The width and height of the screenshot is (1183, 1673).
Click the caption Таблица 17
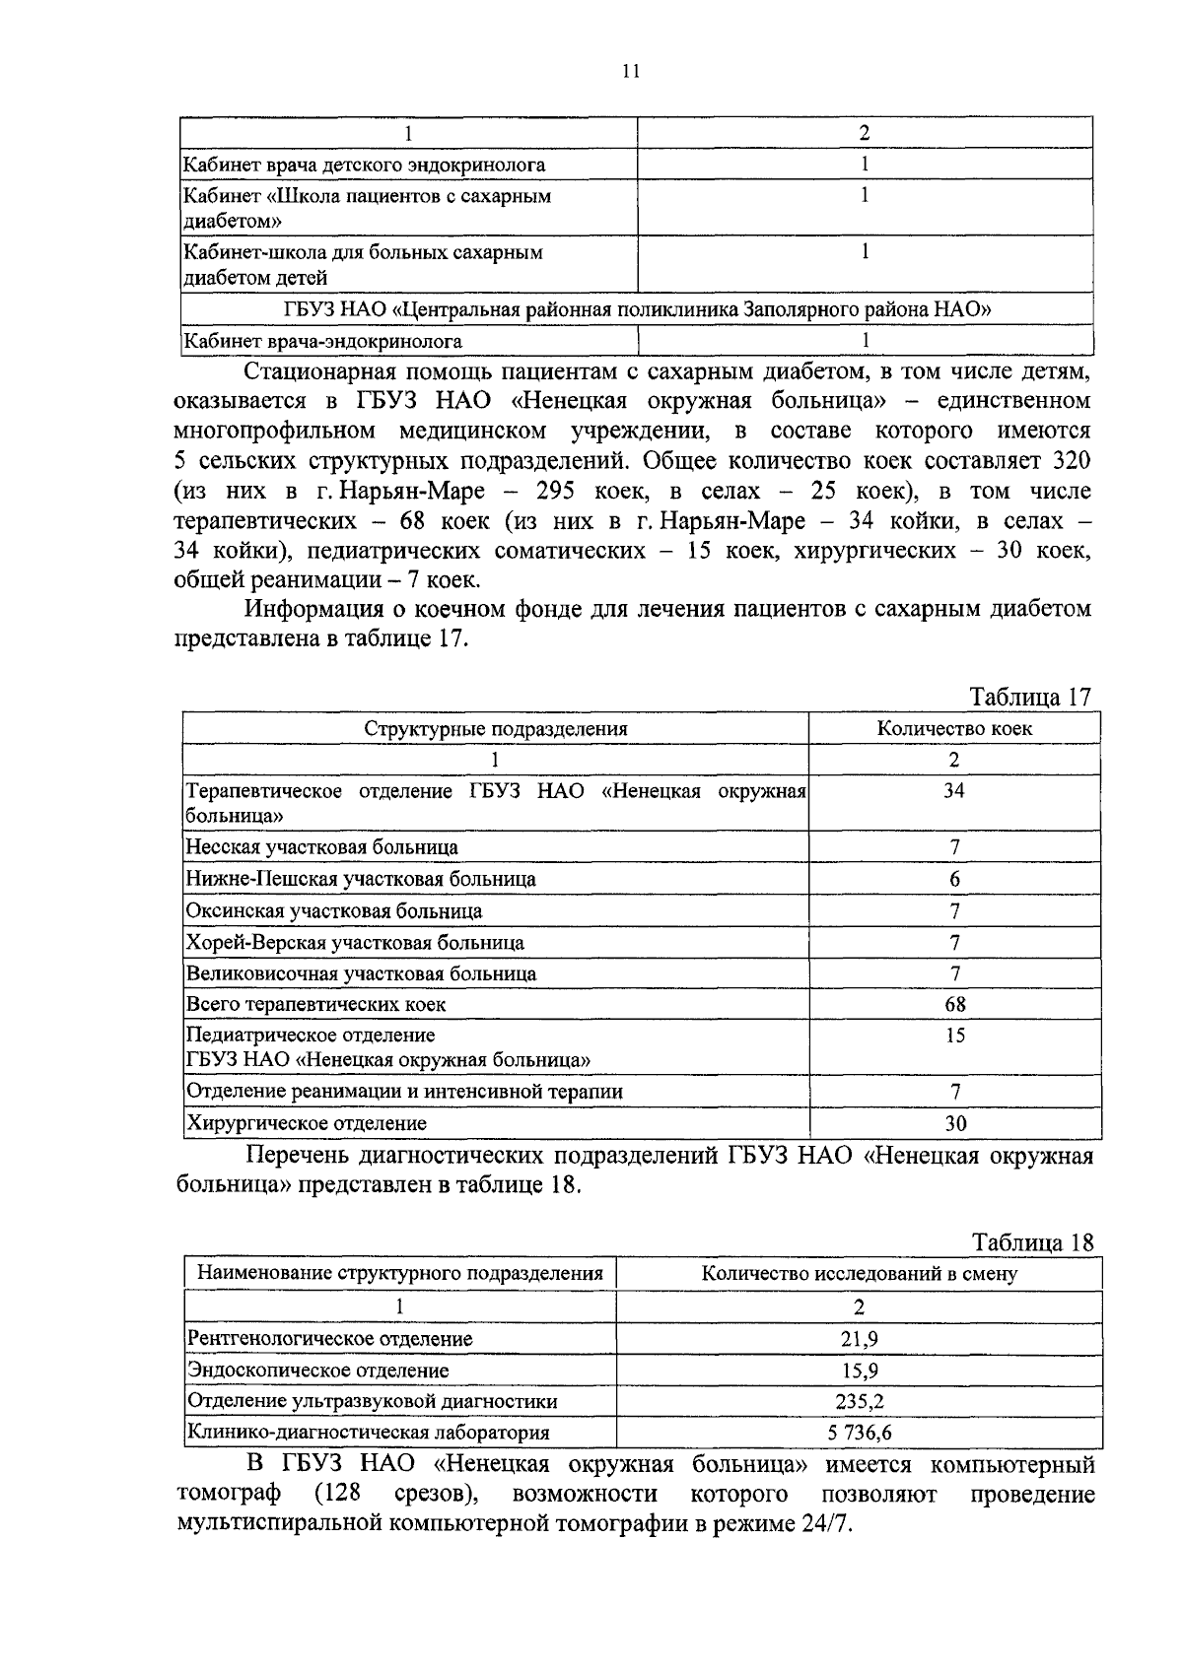pyautogui.click(x=1031, y=698)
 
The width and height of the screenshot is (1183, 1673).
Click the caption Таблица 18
pyautogui.click(x=1033, y=1242)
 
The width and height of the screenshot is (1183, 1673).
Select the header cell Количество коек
pyautogui.click(x=954, y=729)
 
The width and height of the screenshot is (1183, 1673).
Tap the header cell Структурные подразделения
pyautogui.click(x=496, y=729)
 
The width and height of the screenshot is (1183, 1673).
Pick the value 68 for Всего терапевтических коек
pyautogui.click(x=954, y=1005)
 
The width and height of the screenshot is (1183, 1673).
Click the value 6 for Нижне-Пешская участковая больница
pyautogui.click(x=954, y=880)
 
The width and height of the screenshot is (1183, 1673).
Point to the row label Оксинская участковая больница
pyautogui.click(x=334, y=911)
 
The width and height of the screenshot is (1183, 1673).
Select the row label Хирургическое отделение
pyautogui.click(x=307, y=1123)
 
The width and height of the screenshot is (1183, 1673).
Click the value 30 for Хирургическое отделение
pyautogui.click(x=954, y=1124)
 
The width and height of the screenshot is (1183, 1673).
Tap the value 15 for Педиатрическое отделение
pyautogui.click(x=954, y=1036)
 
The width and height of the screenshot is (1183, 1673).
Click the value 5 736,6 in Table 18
pyautogui.click(x=859, y=1433)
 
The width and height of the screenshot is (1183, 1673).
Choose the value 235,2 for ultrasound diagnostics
pyautogui.click(x=859, y=1402)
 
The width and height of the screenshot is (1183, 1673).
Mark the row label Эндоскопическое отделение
pyautogui.click(x=317, y=1371)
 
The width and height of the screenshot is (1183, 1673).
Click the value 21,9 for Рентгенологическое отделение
pyautogui.click(x=859, y=1339)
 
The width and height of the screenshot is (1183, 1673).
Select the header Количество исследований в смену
pyautogui.click(x=859, y=1274)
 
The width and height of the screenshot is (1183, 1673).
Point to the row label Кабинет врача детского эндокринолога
pyautogui.click(x=365, y=166)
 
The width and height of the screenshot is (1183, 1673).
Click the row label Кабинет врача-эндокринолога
pyautogui.click(x=323, y=342)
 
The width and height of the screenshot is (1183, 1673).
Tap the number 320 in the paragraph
pyautogui.click(x=1069, y=461)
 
